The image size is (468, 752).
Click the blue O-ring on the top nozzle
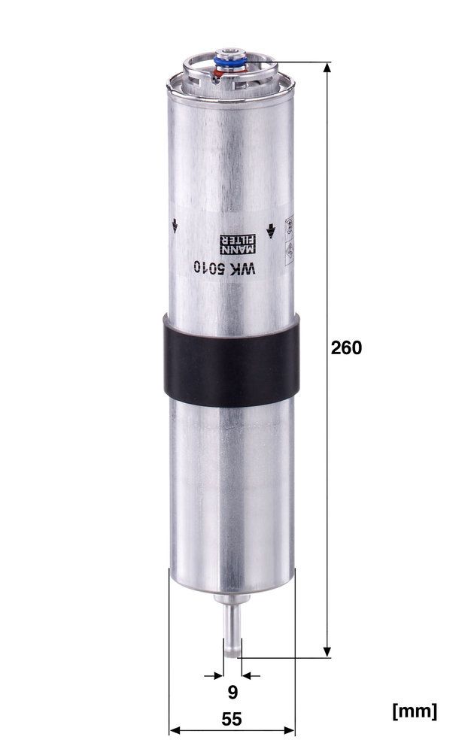click(231, 62)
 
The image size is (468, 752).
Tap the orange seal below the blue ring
click(218, 73)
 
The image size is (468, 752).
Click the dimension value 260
click(346, 347)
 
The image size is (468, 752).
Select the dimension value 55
click(232, 719)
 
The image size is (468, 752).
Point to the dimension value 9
click(232, 693)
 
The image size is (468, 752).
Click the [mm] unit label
click(415, 711)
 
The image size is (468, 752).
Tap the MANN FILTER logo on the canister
click(238, 244)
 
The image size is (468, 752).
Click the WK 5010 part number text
click(225, 268)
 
